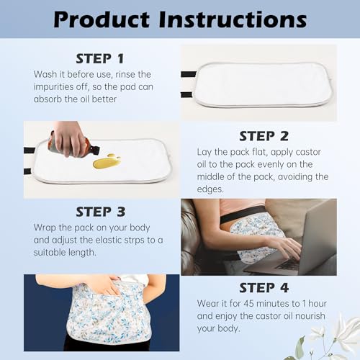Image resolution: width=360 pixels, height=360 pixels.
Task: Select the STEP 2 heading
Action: (x=264, y=135)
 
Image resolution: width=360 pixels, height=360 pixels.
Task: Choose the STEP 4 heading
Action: (x=264, y=289)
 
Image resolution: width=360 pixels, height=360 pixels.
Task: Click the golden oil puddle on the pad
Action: (x=107, y=162)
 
